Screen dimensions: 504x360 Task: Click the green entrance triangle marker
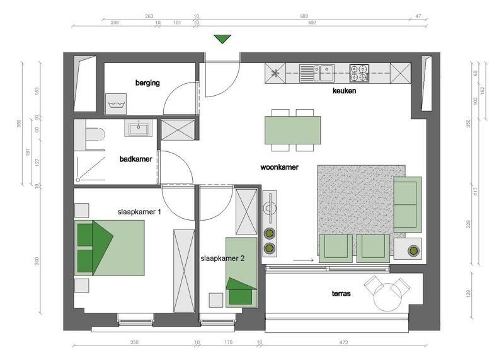click(x=222, y=39)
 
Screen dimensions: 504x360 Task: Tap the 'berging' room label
click(x=147, y=83)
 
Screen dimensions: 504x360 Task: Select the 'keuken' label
click(x=344, y=91)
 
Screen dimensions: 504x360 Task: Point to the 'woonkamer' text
click(x=279, y=167)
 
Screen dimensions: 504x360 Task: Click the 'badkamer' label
click(x=135, y=159)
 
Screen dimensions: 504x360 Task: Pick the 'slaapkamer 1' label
click(x=139, y=212)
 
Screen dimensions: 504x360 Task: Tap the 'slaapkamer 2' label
click(x=222, y=258)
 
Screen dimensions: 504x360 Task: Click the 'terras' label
click(x=341, y=293)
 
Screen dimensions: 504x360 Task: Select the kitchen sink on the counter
click(x=317, y=73)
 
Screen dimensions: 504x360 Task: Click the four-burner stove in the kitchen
click(x=359, y=73)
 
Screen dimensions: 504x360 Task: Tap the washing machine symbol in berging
click(x=116, y=104)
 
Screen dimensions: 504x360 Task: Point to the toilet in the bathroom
click(x=95, y=135)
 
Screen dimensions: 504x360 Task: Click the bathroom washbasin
click(x=139, y=128)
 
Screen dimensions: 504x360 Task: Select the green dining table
click(x=292, y=130)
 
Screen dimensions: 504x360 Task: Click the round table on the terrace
click(x=388, y=297)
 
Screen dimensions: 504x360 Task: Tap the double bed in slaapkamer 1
click(x=109, y=248)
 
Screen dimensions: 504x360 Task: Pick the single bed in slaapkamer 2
click(x=241, y=272)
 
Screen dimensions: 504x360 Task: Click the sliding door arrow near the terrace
click(x=304, y=260)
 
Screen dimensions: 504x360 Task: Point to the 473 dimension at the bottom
click(x=343, y=342)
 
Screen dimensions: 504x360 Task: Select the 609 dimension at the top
click(x=304, y=16)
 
